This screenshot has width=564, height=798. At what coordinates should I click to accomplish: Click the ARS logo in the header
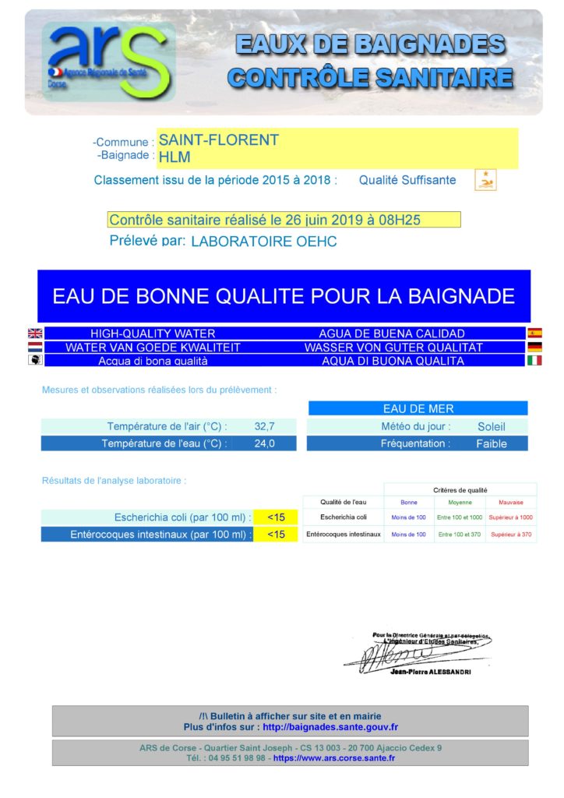pos(108,61)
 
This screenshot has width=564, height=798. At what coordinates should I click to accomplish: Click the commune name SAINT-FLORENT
pos(218,140)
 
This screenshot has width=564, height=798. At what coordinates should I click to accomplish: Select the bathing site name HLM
pos(174,157)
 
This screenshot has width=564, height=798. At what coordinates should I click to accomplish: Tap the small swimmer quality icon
pos(485,181)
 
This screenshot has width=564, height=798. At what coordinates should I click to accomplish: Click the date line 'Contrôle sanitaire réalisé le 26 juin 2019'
pos(265,221)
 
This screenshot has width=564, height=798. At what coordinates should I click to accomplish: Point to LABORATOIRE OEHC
pos(264,242)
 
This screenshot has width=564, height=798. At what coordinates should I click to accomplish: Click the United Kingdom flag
pos(35,334)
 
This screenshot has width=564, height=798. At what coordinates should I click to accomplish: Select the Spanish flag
pos(534,334)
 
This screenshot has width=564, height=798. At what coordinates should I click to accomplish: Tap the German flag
pos(534,348)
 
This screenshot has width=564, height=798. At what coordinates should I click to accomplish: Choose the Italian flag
pos(534,361)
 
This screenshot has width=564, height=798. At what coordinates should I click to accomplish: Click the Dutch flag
pos(35,348)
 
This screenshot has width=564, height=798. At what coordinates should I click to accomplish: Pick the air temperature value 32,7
pos(265,426)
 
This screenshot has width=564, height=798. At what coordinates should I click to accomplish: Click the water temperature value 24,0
pos(265,443)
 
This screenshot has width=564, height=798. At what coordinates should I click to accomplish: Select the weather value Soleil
pos(492,426)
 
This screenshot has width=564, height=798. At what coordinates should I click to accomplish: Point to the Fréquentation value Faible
pos(492,443)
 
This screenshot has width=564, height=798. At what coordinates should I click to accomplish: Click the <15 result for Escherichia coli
pos(276,517)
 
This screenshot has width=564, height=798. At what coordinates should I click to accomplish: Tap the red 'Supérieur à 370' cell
pos(511,535)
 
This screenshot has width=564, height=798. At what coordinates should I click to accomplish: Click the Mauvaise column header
pos(511,503)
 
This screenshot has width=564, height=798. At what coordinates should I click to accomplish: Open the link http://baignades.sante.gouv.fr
pos(330,727)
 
